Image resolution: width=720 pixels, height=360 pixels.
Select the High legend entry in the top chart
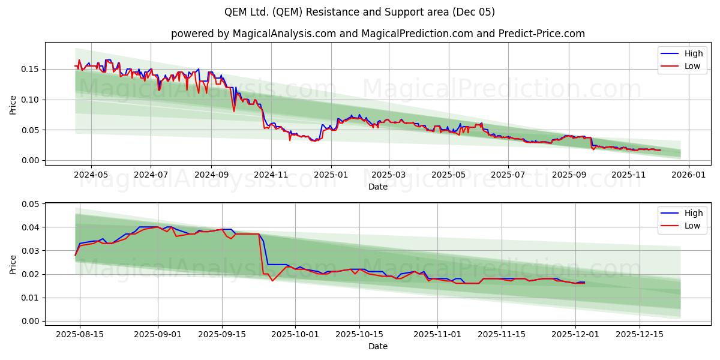click(x=693, y=53)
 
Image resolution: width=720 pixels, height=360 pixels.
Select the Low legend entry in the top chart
click(x=692, y=66)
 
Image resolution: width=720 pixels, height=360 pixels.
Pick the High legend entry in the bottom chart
click(x=693, y=213)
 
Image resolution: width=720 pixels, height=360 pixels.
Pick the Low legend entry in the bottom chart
click(x=692, y=226)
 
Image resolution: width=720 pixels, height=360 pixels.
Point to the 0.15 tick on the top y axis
click(x=30, y=70)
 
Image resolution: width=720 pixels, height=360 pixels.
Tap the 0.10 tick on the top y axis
click(x=30, y=100)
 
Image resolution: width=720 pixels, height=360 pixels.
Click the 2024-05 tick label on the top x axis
click(x=91, y=175)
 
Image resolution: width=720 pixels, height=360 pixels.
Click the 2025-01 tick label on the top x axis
click(x=331, y=175)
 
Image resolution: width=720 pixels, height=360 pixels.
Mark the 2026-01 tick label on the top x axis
click(x=688, y=175)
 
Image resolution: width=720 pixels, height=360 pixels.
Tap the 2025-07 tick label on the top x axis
click(x=508, y=175)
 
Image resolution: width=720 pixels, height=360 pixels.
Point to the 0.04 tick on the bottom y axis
click(x=30, y=227)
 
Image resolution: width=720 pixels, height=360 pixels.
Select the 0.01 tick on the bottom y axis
click(x=30, y=298)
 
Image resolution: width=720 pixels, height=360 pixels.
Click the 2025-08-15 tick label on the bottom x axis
click(x=80, y=334)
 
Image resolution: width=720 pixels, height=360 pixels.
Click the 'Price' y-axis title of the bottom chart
click(x=13, y=264)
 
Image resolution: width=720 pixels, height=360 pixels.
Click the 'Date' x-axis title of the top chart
click(x=377, y=187)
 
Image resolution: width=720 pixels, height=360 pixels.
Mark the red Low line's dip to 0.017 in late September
click(x=272, y=281)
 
